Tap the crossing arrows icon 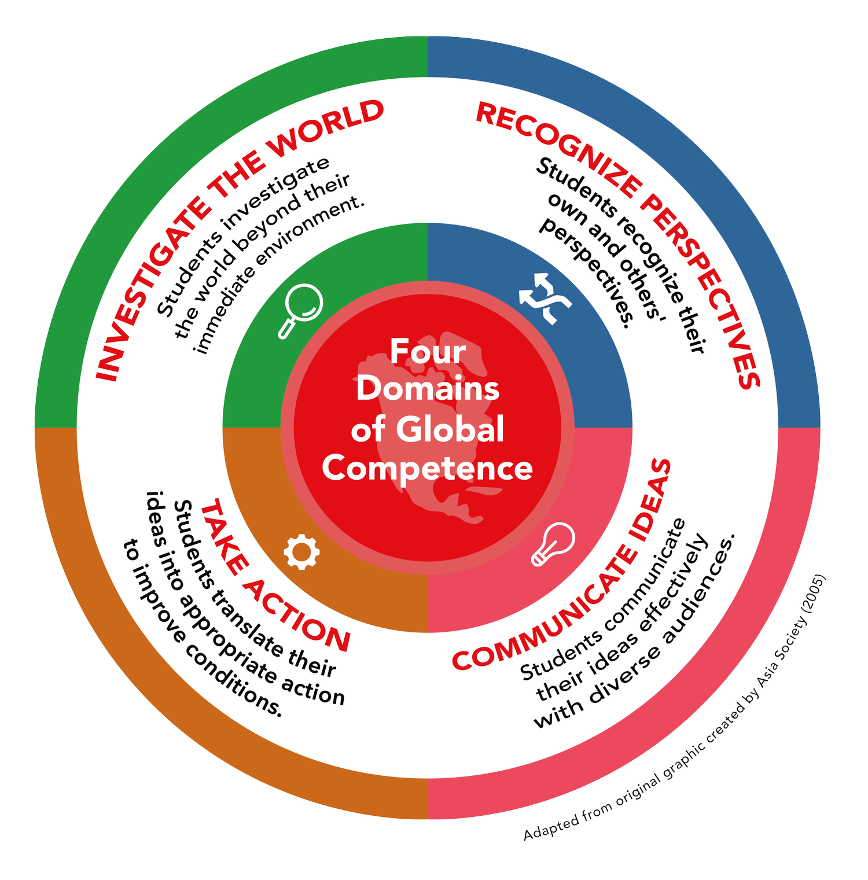[545, 299]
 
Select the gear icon [301, 551]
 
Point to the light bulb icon [553, 543]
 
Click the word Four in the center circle [428, 351]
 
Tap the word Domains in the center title [428, 389]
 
